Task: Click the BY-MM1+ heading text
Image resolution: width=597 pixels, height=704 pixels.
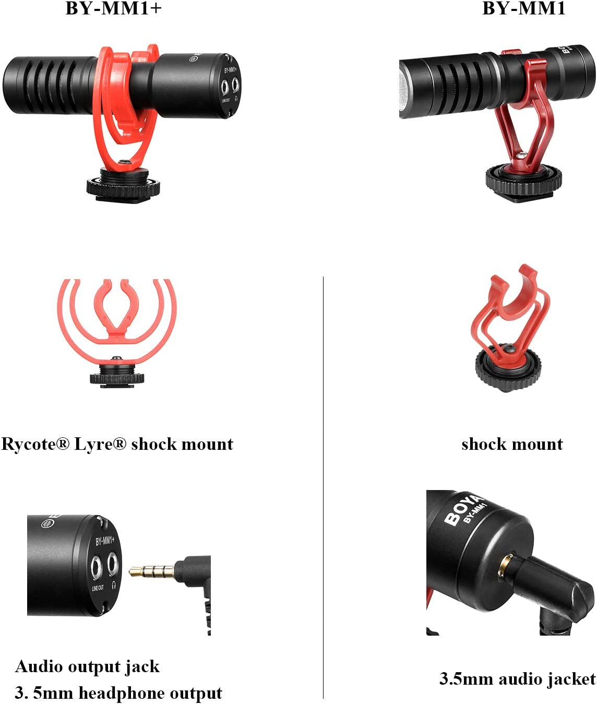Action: pos(113,8)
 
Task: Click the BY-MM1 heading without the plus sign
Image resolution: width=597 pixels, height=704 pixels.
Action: pos(524,8)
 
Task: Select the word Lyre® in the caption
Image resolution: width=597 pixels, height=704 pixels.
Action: pos(100,445)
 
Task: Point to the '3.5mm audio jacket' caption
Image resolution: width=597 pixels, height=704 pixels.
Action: pos(518,679)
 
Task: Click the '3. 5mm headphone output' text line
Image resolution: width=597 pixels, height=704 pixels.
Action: pos(118,693)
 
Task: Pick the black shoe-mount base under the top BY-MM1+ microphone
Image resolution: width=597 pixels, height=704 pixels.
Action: pos(123,186)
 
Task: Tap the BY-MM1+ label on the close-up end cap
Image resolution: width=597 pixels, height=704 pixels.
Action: pos(105,541)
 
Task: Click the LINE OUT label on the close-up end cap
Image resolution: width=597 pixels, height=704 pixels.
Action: pos(98,588)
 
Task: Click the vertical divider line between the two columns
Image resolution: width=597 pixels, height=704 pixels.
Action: pos(323,487)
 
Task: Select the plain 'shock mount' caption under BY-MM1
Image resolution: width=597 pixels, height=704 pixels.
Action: pos(512,445)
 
